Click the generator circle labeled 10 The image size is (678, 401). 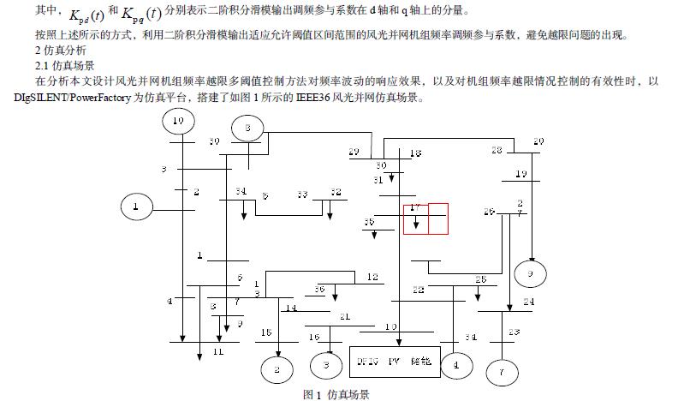[178, 122]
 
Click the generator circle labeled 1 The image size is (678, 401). [135, 206]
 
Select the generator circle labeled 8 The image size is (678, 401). [247, 129]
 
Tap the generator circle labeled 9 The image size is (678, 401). [530, 273]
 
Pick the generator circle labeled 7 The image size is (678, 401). [502, 374]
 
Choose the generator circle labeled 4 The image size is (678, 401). [455, 365]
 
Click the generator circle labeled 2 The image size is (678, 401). [277, 370]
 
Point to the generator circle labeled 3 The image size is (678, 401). [325, 366]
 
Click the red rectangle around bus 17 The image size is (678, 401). [426, 218]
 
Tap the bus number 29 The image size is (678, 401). [354, 152]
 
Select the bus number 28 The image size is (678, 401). [497, 150]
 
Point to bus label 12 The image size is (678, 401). [372, 277]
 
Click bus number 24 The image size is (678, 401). [528, 302]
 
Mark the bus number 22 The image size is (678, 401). [418, 290]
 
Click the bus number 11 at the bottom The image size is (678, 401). [218, 351]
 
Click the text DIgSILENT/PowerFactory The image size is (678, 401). [73, 98]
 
